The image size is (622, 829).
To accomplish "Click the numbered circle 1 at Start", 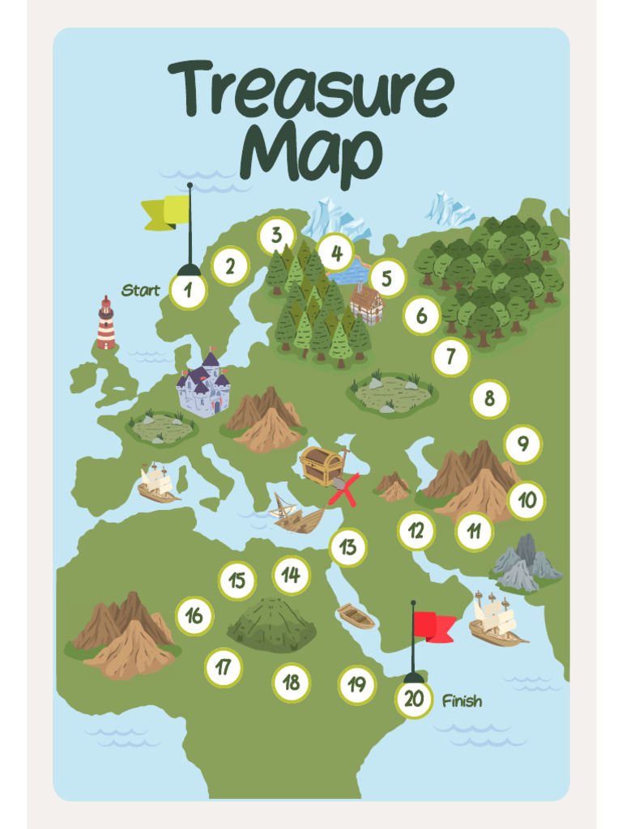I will pos(189,291).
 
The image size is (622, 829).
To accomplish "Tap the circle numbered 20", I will pos(414,699).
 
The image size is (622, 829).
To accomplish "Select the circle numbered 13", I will pos(348,547).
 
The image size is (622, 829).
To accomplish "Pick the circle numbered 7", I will pos(451,357).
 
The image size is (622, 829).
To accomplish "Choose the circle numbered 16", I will pos(194,616).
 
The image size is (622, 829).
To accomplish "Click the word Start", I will pos(141,290).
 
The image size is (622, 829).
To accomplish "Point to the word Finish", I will pos(462,701).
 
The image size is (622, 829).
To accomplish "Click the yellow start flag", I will pos(168,212).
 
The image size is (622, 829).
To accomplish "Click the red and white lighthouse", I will pos(106,324).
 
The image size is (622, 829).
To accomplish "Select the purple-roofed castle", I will pos(204,385).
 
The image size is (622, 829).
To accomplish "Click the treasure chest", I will pos(321,465).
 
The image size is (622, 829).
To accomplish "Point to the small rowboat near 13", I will pos(356,617).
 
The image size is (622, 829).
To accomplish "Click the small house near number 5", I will pos(367,304).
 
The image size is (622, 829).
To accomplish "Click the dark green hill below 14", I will pos(272,624).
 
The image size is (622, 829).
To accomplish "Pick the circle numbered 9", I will pos(523,444).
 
